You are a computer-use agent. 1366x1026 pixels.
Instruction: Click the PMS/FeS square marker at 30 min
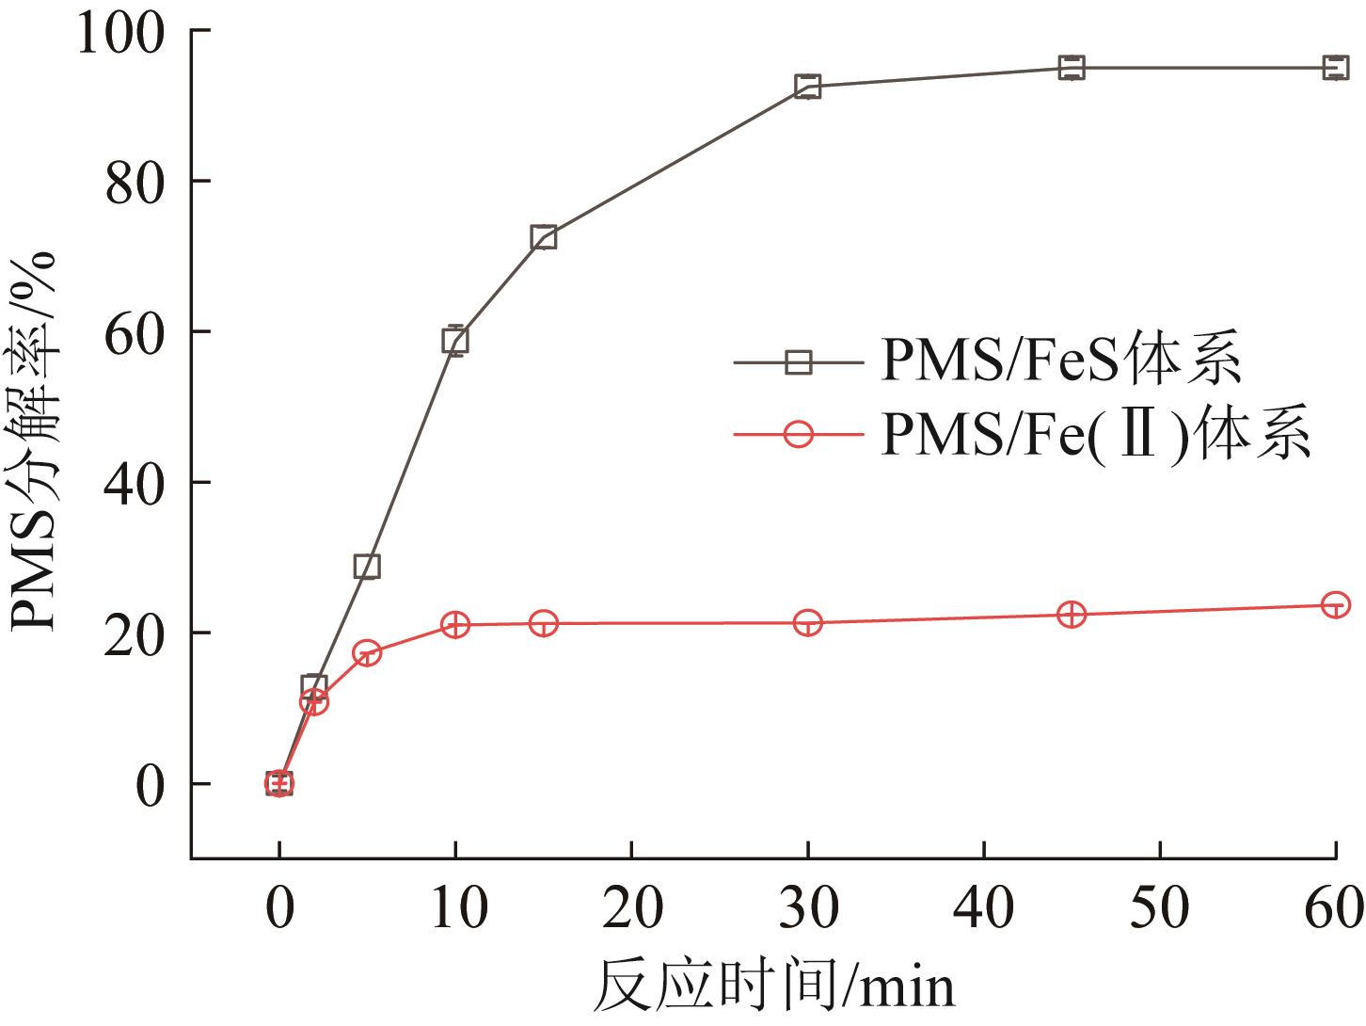click(x=807, y=87)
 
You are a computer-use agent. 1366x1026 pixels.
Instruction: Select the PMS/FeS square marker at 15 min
click(x=543, y=237)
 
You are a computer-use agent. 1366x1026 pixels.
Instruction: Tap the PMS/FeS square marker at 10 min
click(x=455, y=341)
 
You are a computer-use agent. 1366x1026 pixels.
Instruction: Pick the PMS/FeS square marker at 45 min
click(x=1072, y=68)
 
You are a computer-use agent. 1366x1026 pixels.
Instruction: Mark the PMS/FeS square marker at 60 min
click(x=1335, y=68)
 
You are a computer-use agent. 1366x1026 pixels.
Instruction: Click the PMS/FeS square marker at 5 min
click(x=367, y=566)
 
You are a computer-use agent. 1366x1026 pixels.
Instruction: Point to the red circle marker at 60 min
click(x=1335, y=604)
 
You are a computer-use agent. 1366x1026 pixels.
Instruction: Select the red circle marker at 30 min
click(x=807, y=623)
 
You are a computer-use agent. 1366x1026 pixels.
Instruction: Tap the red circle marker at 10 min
click(x=455, y=625)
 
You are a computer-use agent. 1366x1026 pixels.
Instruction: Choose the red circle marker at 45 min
click(x=1072, y=615)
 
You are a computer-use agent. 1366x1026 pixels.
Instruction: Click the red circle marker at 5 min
click(x=367, y=653)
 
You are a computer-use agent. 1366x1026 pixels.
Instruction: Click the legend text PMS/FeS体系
click(x=1060, y=361)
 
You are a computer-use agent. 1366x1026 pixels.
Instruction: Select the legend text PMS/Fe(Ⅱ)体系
click(x=1095, y=435)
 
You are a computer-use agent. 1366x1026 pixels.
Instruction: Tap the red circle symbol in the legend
click(x=798, y=435)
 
